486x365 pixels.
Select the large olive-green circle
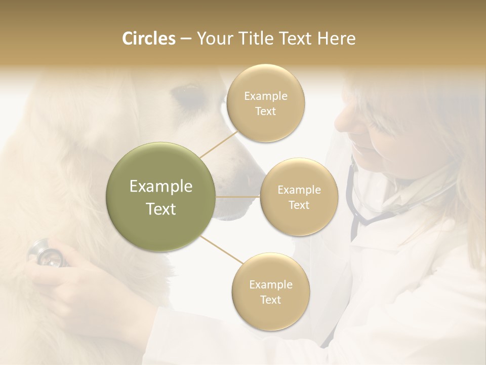161,197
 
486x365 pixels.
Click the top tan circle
265,103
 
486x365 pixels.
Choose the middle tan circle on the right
299,197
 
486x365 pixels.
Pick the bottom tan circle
270,291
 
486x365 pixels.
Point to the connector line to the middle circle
238,197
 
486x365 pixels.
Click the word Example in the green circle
161,187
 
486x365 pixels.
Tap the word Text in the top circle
265,112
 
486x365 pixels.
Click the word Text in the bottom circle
270,300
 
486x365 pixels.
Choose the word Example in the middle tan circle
299,190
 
